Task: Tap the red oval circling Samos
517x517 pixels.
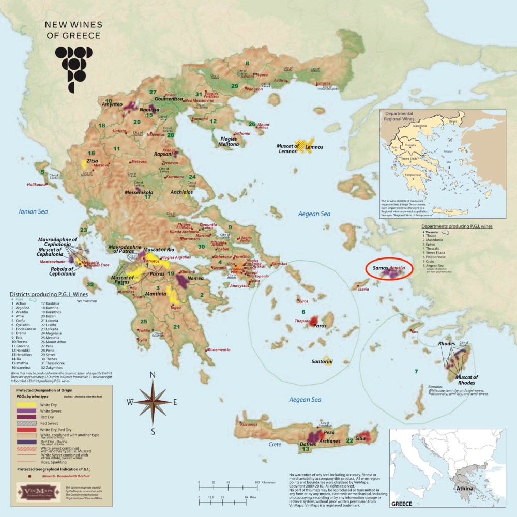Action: click(x=389, y=269)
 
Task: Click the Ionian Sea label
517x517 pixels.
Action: click(x=33, y=211)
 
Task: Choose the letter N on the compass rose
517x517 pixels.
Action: click(x=152, y=375)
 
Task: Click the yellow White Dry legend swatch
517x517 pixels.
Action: click(x=24, y=404)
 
